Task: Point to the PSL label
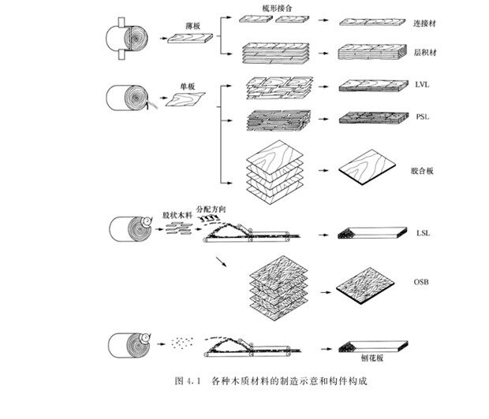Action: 423,117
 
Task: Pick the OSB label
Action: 423,282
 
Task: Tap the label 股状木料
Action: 177,214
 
